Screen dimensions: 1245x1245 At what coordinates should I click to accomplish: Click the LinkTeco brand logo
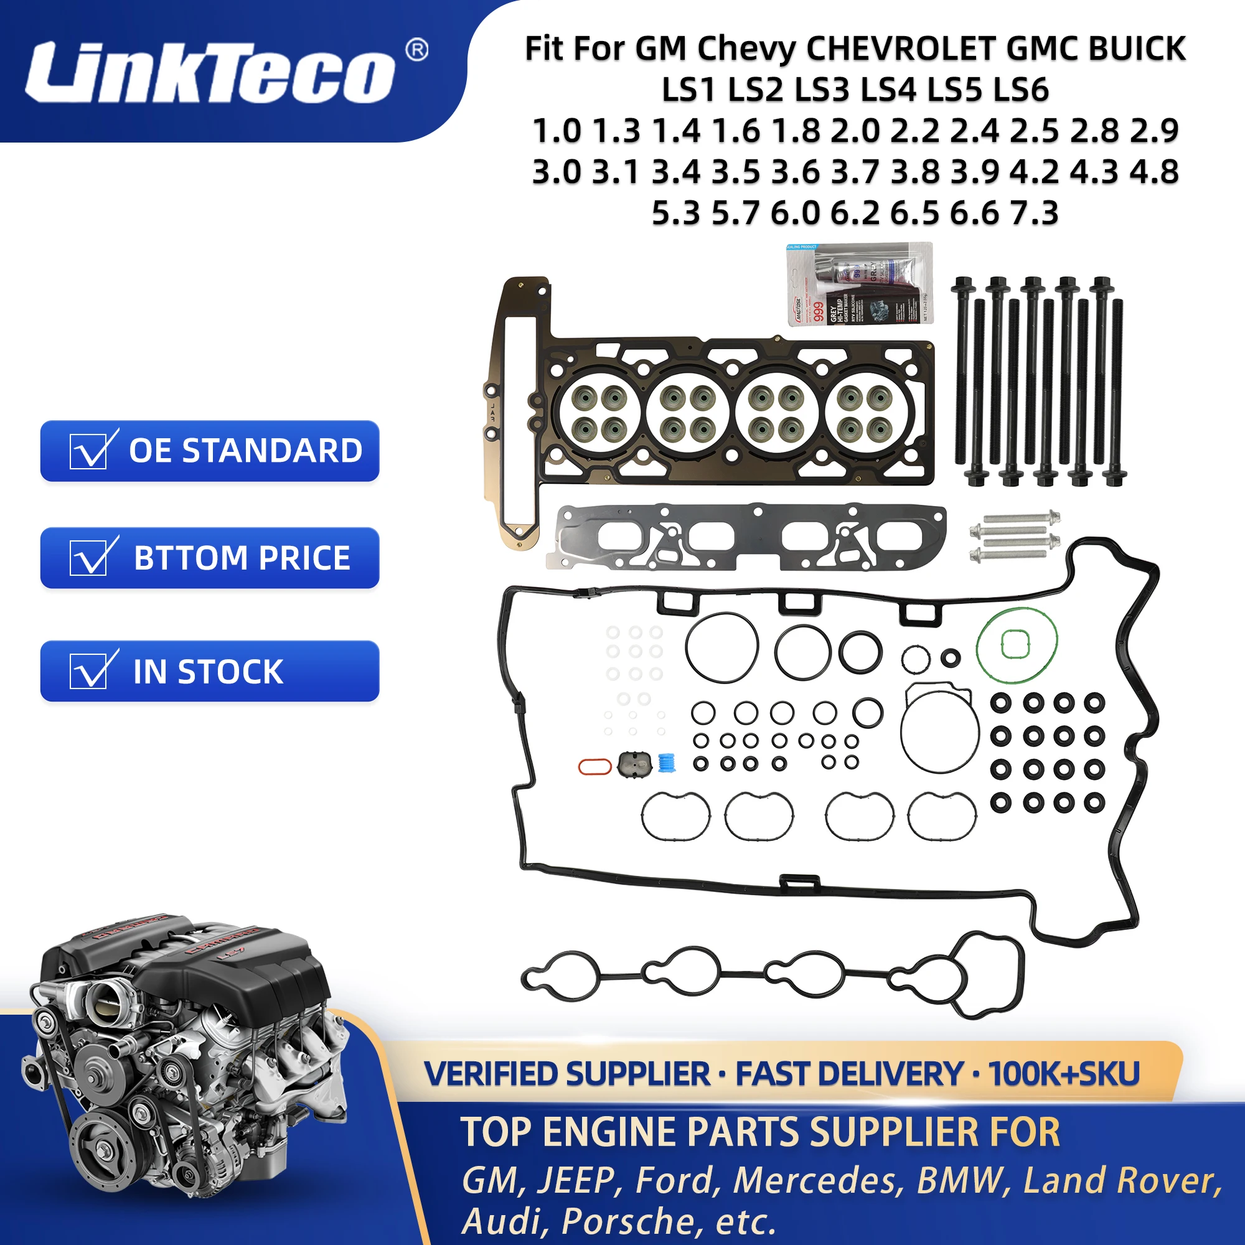[209, 72]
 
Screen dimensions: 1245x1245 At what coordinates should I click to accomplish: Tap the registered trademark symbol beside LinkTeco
[417, 50]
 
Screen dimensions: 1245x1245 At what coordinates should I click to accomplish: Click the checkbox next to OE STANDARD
[88, 451]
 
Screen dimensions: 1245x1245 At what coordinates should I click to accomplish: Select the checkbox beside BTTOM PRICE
[88, 557]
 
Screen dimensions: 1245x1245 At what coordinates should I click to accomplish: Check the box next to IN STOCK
[88, 671]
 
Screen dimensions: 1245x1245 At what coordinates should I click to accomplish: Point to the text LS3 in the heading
[822, 90]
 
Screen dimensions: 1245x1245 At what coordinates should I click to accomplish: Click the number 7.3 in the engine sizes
[1033, 213]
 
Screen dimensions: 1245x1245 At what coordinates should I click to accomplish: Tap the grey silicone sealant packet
[859, 284]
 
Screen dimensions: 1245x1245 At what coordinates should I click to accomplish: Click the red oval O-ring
[594, 766]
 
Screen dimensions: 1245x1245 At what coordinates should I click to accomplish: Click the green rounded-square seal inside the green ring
[1015, 644]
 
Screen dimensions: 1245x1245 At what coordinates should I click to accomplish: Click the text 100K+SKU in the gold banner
[1063, 1074]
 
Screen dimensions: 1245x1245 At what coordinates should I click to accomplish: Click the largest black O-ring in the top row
[721, 646]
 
